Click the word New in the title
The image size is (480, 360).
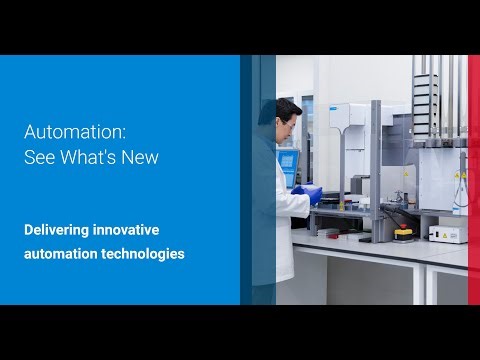[141, 157]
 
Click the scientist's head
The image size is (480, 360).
[286, 111]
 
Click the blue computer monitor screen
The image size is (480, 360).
[288, 164]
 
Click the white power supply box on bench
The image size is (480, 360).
[444, 233]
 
